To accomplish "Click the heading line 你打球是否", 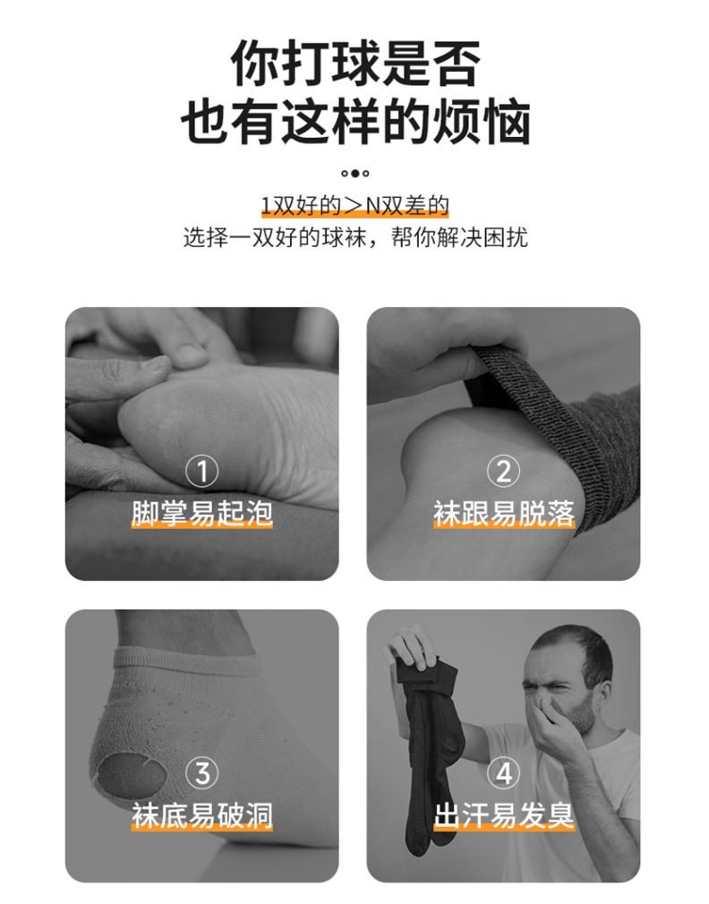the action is point(355,63).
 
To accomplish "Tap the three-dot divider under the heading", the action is point(355,173).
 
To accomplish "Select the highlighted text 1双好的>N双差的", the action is point(355,205).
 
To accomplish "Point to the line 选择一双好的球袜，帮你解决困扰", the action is point(355,237).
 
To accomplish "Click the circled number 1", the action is point(201,471).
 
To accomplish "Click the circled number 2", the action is point(503,471).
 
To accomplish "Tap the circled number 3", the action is point(201,772).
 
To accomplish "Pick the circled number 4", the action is point(503,772).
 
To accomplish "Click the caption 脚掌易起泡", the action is point(201,513).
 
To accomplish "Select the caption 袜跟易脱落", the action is point(504,513).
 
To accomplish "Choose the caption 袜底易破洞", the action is point(201,815).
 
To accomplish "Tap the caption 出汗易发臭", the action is point(504,815).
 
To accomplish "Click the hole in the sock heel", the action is point(131,775).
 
